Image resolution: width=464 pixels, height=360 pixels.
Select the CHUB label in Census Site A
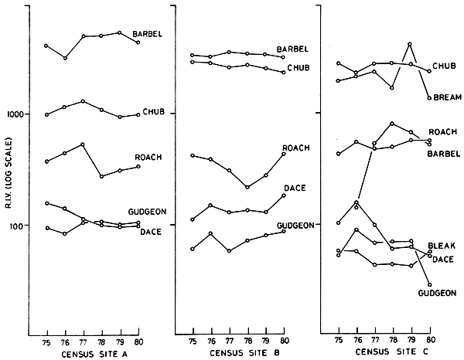coord(152,114)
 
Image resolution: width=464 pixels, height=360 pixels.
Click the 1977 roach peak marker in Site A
coord(83,144)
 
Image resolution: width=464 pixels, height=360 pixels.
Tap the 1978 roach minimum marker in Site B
coord(247,187)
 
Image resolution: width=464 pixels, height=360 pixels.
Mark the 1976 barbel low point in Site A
coord(65,58)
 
